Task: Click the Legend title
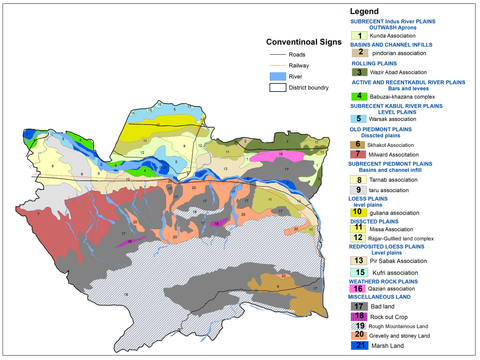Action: [x=364, y=12]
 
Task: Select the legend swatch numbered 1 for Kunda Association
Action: [x=359, y=36]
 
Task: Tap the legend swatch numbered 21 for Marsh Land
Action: [x=359, y=346]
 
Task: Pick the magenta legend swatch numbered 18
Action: [x=359, y=317]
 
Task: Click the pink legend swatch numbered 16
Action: [x=359, y=288]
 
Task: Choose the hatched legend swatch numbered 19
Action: [x=359, y=326]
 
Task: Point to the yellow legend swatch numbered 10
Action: [x=359, y=213]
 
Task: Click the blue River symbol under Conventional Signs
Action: [x=277, y=76]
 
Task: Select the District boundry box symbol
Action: [x=277, y=87]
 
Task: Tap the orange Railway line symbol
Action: [x=277, y=65]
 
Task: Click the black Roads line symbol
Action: [x=277, y=54]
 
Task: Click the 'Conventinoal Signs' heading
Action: [x=304, y=42]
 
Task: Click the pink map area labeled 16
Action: [x=280, y=155]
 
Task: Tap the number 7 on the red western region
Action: [x=38, y=214]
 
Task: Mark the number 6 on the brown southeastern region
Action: [x=277, y=287]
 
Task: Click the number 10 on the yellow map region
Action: [x=158, y=125]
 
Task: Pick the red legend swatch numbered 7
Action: [x=359, y=155]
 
